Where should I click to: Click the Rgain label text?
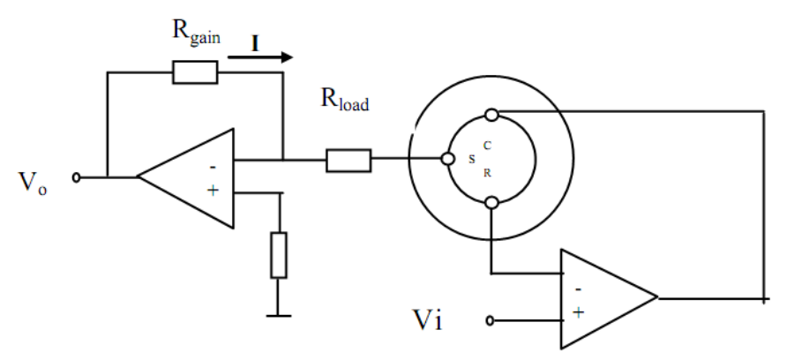[x=196, y=34]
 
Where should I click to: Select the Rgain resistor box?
[x=195, y=72]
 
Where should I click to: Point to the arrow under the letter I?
[x=260, y=57]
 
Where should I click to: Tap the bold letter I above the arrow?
[x=255, y=44]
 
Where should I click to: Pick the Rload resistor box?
[x=349, y=161]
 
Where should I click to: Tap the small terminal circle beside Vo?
[x=76, y=177]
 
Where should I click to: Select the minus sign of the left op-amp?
[x=213, y=167]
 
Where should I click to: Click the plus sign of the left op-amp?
[x=214, y=191]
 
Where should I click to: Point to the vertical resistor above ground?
[x=279, y=255]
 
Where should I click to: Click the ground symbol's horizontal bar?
[x=279, y=316]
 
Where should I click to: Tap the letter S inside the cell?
[x=472, y=160]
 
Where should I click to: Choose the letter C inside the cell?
[x=487, y=146]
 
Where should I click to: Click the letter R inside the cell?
[x=487, y=173]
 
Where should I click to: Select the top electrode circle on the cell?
[x=492, y=115]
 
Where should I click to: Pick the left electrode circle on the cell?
[x=447, y=159]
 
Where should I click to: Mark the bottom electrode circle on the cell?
[x=492, y=202]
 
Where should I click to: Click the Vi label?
[x=428, y=319]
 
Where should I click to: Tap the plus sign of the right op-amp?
[x=579, y=313]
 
